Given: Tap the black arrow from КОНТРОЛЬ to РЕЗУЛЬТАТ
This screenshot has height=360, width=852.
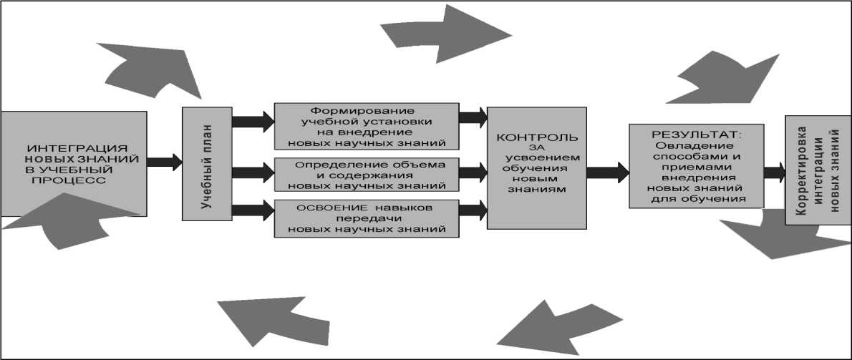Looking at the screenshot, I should [607, 172].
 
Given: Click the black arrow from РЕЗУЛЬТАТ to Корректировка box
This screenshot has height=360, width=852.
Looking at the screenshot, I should [774, 172].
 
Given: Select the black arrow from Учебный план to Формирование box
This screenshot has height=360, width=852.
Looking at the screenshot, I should [253, 120].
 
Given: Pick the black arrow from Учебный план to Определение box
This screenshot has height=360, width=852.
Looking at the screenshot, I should [253, 172].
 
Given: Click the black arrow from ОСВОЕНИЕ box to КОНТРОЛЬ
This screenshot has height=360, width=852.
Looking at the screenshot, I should [473, 210].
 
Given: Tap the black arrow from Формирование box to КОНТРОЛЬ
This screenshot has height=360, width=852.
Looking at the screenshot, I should [473, 119].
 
